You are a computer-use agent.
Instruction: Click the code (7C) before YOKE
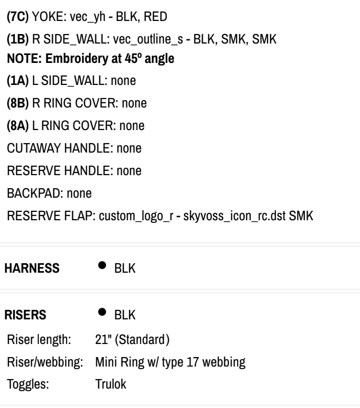click(x=18, y=17)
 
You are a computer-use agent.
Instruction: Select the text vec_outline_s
click(x=148, y=39)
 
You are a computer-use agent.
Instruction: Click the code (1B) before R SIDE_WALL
click(x=18, y=39)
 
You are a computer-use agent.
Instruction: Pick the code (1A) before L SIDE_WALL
click(x=18, y=81)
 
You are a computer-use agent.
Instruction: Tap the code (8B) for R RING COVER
click(x=18, y=103)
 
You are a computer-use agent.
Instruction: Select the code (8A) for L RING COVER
click(x=18, y=126)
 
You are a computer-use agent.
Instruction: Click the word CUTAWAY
click(x=34, y=148)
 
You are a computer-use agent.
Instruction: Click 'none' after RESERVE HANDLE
click(x=129, y=171)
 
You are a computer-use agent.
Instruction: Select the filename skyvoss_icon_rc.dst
click(x=235, y=216)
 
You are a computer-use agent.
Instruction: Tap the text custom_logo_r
click(x=136, y=217)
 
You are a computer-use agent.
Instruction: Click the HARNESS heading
click(x=32, y=269)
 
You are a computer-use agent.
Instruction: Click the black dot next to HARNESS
click(x=102, y=265)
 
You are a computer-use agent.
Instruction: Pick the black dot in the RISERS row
click(x=102, y=312)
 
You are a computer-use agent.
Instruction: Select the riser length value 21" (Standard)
click(x=132, y=340)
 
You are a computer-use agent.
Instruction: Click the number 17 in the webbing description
click(x=193, y=362)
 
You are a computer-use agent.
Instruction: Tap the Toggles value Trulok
click(x=111, y=384)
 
